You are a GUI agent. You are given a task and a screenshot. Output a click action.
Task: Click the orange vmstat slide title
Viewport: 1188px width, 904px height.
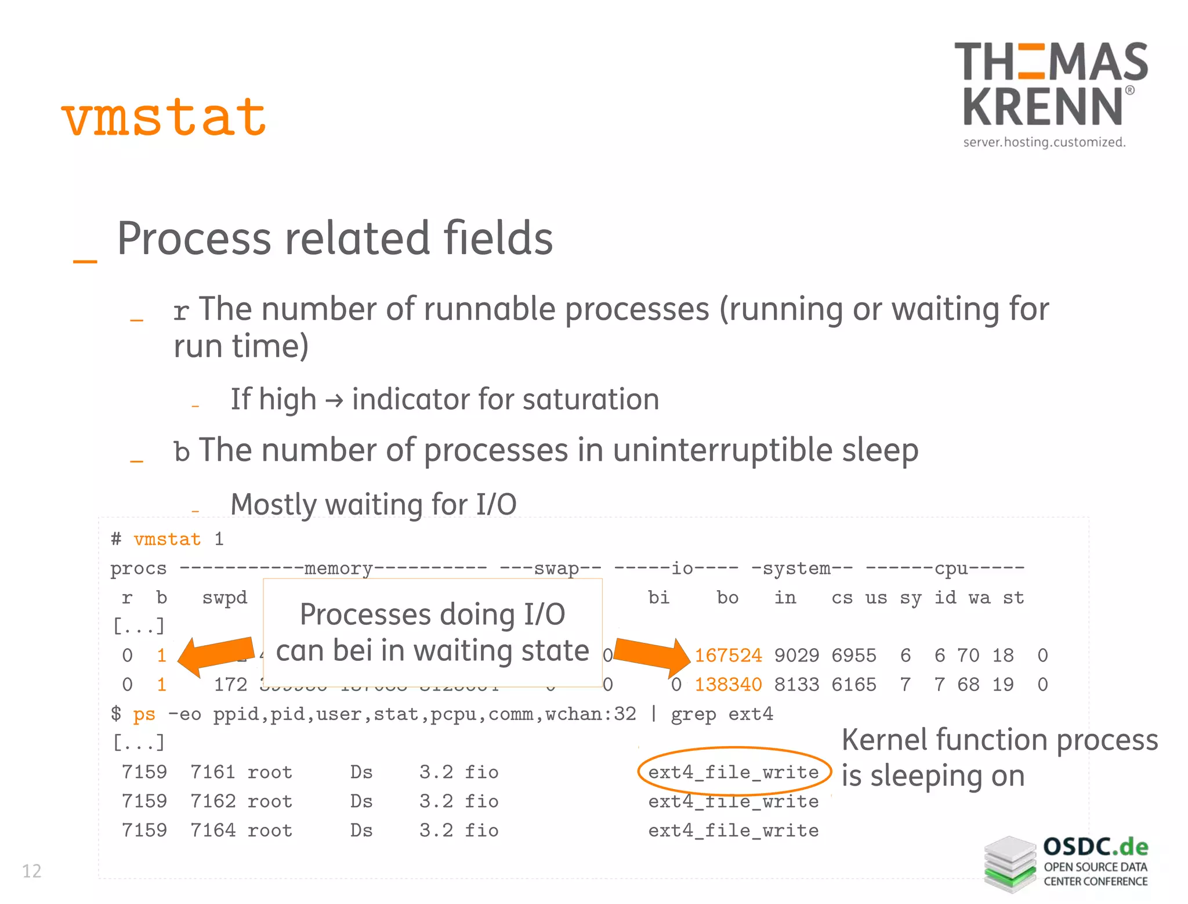[x=164, y=118]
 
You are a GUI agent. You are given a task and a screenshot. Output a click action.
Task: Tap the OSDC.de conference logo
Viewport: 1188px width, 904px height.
[x=1066, y=863]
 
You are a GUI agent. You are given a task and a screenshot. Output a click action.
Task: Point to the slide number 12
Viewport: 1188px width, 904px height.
[x=31, y=871]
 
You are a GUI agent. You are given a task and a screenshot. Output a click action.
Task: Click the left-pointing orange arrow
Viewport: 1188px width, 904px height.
[x=216, y=656]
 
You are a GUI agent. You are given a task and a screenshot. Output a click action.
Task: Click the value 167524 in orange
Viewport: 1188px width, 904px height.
[x=728, y=656]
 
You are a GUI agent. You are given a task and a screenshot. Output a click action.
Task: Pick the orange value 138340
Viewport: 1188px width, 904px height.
[x=728, y=685]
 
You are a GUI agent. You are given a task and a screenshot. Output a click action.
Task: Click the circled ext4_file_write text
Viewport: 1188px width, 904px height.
[x=733, y=772]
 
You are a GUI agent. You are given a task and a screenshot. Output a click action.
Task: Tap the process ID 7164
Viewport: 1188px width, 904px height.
[x=213, y=830]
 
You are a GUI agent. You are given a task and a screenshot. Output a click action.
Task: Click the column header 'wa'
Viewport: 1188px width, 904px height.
[x=980, y=598]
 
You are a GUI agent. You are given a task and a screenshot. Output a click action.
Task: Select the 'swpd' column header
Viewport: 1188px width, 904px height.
[x=224, y=598]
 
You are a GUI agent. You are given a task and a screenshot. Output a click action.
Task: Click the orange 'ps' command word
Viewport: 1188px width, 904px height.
[x=144, y=714]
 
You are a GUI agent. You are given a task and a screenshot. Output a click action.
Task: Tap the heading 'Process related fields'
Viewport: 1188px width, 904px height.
[x=335, y=238]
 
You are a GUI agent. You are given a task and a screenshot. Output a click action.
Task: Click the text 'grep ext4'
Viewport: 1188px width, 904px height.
[x=722, y=714]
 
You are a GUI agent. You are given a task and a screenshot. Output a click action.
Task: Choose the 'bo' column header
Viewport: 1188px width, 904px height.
[x=727, y=598]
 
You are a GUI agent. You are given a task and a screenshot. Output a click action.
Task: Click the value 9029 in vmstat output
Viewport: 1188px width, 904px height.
[x=796, y=656]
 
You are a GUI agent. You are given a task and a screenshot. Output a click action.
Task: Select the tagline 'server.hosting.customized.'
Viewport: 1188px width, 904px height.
[x=1044, y=142]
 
